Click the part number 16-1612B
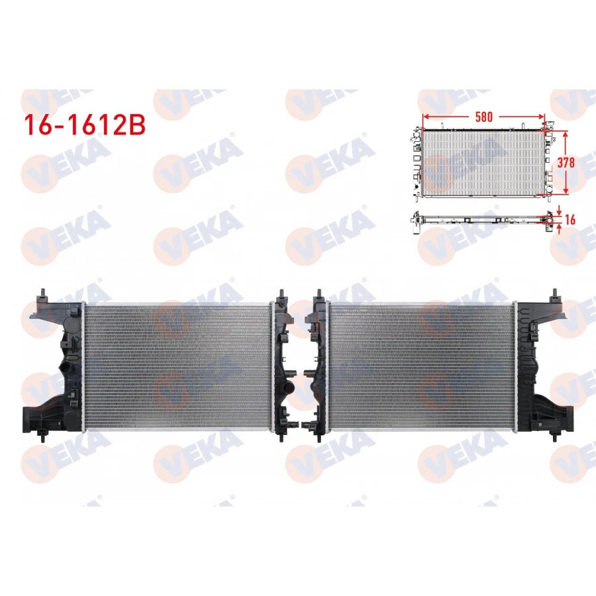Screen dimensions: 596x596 [x=84, y=124]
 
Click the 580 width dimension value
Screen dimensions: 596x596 [x=483, y=116]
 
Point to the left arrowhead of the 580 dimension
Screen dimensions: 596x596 [x=424, y=116]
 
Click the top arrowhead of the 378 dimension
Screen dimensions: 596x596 [x=565, y=133]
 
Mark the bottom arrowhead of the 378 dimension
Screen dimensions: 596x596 [x=565, y=192]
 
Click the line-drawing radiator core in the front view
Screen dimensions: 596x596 [x=483, y=162]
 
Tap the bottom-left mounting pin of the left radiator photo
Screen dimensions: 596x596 [x=43, y=437]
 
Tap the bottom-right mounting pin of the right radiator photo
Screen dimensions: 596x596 [x=553, y=437]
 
